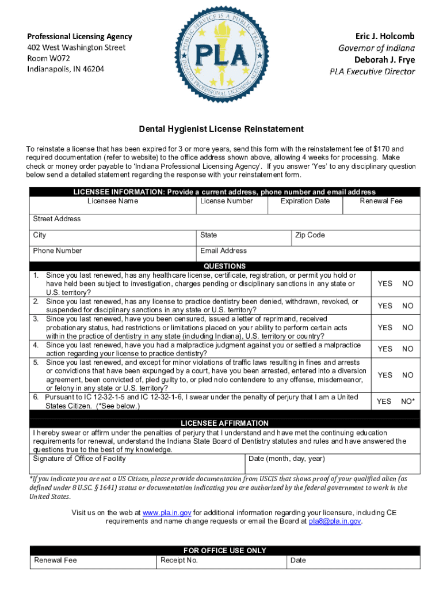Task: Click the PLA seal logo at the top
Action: tap(221, 56)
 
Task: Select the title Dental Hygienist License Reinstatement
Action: tap(221, 128)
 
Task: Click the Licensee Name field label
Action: tap(113, 201)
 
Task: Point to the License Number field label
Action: tap(227, 201)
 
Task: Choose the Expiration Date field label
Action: tap(305, 201)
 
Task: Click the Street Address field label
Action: tap(57, 219)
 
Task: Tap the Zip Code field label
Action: tap(310, 235)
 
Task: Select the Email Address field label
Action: tap(223, 251)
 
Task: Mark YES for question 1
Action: tap(385, 283)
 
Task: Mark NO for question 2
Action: tap(408, 306)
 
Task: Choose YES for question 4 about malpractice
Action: tap(385, 349)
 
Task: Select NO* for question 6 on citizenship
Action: tap(408, 401)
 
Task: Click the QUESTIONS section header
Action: tap(224, 266)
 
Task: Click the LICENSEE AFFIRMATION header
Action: tap(224, 423)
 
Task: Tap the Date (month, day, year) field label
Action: tap(287, 459)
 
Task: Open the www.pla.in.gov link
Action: tap(166, 512)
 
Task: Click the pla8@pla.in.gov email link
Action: tap(335, 521)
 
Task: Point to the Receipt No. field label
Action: tap(179, 560)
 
